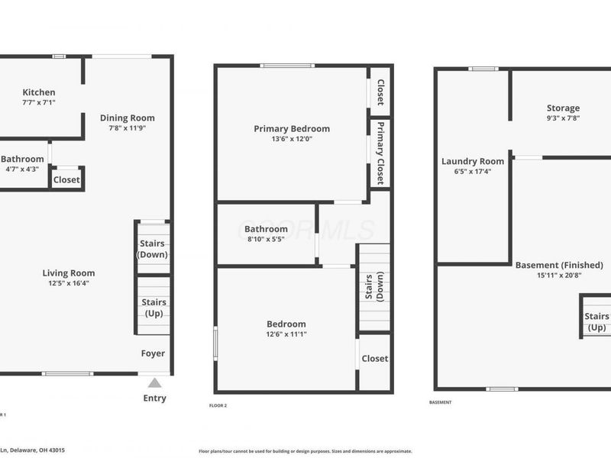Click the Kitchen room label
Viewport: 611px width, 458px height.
point(38,92)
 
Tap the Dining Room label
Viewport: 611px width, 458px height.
point(128,118)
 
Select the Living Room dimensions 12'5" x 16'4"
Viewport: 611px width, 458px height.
point(68,283)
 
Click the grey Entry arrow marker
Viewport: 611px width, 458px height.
point(155,383)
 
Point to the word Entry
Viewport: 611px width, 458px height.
point(154,398)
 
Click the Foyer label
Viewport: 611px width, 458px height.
point(153,353)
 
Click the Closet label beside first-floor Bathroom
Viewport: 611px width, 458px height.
point(66,180)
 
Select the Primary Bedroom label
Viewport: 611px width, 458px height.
point(292,129)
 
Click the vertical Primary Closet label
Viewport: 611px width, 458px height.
point(380,153)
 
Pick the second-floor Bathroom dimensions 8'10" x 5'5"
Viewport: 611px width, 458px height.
point(267,239)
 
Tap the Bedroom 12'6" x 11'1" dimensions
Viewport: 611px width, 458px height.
point(286,334)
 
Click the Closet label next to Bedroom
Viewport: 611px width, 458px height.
point(374,358)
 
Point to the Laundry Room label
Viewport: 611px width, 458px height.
point(473,161)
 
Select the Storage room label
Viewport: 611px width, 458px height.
point(563,108)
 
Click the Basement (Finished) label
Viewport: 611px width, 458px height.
point(559,265)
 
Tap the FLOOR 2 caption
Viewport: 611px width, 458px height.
point(218,405)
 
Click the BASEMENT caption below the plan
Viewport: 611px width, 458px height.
point(441,402)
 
